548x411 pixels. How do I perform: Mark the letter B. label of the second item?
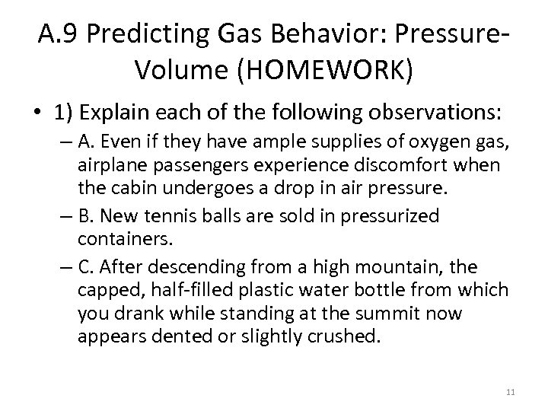pos(85,216)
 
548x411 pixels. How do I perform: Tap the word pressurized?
pos(391,216)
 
